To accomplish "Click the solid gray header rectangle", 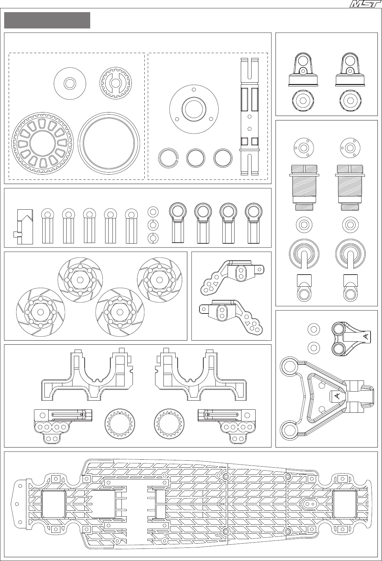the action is point(47,20).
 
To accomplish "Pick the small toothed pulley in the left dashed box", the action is point(115,83).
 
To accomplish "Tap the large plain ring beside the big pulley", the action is point(109,142).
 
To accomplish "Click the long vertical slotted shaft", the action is point(250,116).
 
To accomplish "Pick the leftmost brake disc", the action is point(41,312).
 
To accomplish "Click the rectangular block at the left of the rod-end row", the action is point(25,227).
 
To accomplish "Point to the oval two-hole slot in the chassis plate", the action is point(310,503).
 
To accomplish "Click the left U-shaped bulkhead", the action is point(87,375).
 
